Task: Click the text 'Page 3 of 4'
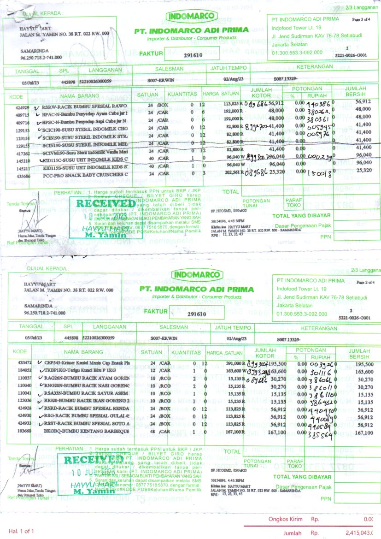coord(361,20)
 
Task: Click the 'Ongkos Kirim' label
coord(286,520)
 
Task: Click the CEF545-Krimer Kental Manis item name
coord(87,363)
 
